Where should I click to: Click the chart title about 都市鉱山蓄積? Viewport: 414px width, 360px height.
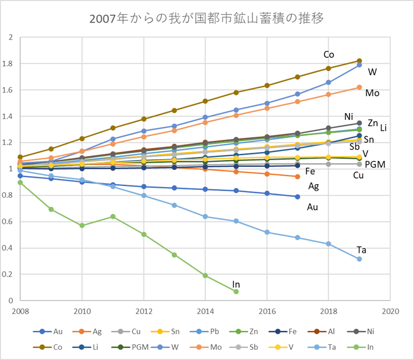coord(206,19)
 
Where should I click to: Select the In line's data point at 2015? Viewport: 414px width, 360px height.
coord(236,291)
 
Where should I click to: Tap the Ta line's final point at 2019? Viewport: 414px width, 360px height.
coord(359,259)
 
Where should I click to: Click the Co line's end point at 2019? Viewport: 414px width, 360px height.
coord(359,61)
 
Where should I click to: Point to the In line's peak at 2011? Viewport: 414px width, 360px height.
coord(113,216)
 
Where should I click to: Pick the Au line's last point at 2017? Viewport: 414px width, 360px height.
coord(298,197)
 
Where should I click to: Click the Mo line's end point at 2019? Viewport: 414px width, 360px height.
coord(359,87)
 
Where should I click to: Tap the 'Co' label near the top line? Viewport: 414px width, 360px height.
coord(329,55)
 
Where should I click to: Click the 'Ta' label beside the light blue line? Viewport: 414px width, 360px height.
coord(362,250)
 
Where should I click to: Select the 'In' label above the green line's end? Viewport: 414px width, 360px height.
coord(236,283)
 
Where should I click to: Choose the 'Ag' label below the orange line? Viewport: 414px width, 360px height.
coord(314,186)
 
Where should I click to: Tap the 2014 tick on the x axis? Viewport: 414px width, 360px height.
coord(205,311)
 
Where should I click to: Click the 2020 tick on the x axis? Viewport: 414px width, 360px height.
coord(390,311)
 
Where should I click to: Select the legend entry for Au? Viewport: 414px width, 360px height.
coord(52,332)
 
